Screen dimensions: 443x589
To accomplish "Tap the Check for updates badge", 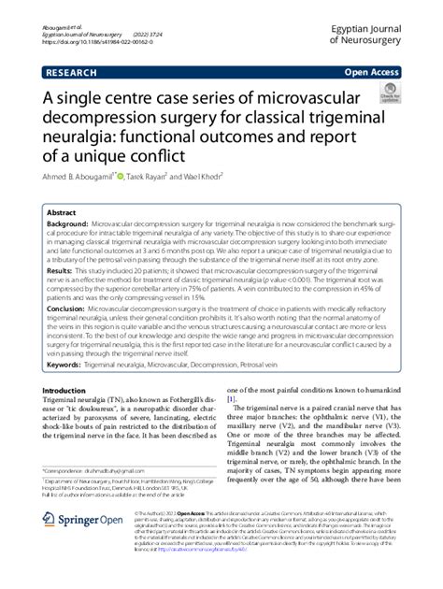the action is (x=391, y=93).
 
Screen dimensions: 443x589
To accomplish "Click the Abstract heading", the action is (x=63, y=212).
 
